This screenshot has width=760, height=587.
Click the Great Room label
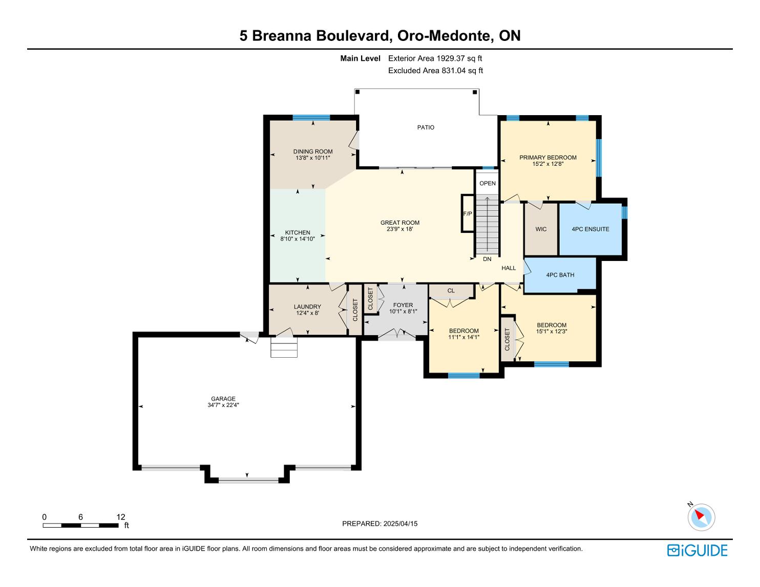point(400,223)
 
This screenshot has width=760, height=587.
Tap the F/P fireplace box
point(467,213)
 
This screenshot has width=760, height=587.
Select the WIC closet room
point(541,229)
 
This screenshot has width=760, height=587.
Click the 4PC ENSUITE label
point(590,229)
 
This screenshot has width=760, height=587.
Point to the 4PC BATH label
point(560,275)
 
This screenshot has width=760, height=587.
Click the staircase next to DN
point(487,225)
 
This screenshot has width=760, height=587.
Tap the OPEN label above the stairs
point(488,183)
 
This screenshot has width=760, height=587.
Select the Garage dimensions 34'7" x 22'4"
point(223,405)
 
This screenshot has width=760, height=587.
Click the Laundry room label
point(307,307)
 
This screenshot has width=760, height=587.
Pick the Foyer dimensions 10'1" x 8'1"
point(403,311)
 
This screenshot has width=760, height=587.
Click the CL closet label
point(451,291)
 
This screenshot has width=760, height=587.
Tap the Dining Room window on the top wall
point(311,117)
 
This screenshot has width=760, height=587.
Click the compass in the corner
point(701,517)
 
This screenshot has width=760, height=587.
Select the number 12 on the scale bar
point(121,517)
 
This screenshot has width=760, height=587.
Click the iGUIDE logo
point(698,550)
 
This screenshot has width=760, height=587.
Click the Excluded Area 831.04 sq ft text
point(435,71)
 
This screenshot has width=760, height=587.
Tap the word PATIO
point(426,127)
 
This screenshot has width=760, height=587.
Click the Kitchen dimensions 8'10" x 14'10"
point(298,239)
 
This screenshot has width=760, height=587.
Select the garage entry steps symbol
point(284,347)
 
